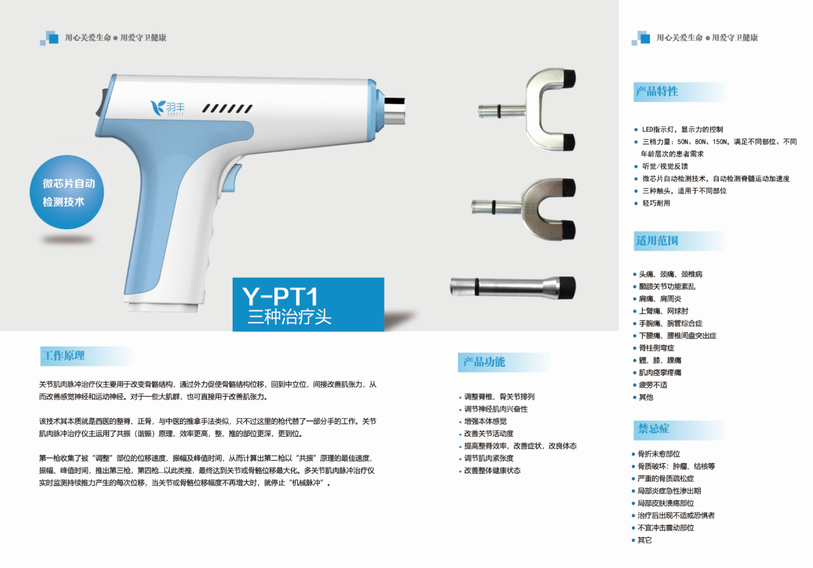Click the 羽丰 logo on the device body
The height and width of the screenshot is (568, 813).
[167, 108]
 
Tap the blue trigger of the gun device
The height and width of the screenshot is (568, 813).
[231, 177]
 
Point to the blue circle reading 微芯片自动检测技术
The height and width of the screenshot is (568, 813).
[67, 192]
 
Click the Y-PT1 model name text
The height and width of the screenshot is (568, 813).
[280, 296]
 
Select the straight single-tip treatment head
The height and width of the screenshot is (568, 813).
[513, 288]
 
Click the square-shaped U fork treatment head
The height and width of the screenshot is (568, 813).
[527, 109]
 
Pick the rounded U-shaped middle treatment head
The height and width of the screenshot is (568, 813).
[524, 209]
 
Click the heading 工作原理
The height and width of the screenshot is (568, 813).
[64, 355]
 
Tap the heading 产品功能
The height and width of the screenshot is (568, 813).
[484, 362]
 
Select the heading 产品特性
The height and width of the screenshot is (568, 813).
[657, 91]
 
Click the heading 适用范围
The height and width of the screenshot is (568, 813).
[657, 241]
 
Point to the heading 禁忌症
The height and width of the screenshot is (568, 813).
[654, 428]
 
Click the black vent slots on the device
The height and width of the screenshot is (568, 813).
[227, 108]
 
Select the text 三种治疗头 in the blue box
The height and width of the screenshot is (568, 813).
[289, 317]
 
